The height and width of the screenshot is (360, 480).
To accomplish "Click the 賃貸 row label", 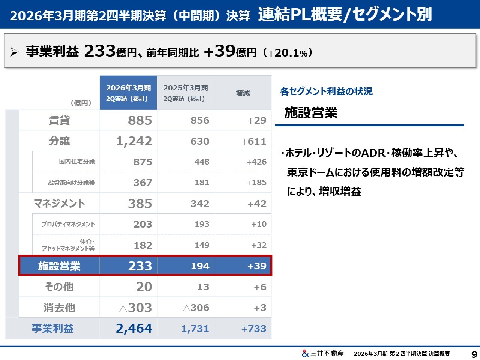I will [59, 120].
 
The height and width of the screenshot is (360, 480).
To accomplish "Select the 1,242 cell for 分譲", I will [134, 141].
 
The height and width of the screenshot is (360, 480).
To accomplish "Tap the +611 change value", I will [254, 142].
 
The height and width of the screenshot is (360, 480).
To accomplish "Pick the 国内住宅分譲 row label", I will [77, 162].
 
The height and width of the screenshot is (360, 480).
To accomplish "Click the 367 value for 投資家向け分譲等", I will [142, 183].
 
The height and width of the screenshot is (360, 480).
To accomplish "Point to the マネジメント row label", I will [59, 204].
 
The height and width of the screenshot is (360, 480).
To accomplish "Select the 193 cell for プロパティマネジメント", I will [202, 224].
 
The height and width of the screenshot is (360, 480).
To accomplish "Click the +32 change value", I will [259, 245].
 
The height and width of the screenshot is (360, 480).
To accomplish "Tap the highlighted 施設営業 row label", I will [59, 266].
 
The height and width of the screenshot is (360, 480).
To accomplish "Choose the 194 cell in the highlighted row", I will [200, 266].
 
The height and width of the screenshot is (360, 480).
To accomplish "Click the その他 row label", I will [59, 287].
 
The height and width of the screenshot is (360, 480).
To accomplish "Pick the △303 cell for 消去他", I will [135, 308].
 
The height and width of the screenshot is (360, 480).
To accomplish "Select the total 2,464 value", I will [134, 328].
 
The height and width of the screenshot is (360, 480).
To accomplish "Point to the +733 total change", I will [254, 329].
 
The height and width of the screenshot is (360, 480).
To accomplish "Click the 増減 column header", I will [243, 93].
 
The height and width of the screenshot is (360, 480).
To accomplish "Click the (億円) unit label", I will [81, 103].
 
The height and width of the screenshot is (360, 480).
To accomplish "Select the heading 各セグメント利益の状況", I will [326, 91].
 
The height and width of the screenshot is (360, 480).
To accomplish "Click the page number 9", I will [474, 354].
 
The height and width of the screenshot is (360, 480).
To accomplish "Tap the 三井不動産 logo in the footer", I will [322, 353].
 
